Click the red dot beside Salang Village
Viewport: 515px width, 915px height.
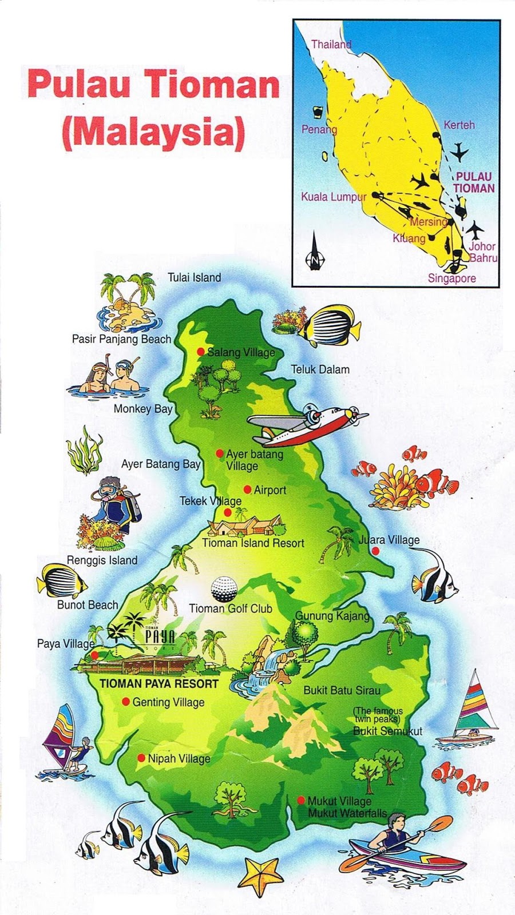[200, 352]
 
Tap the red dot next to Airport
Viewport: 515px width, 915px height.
[247, 490]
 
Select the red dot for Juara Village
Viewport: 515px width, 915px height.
[375, 551]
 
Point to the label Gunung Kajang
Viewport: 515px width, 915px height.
[332, 616]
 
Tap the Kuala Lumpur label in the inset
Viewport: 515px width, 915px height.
[334, 197]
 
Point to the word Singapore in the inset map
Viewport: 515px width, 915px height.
[452, 279]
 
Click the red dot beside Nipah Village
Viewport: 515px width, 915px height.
[141, 758]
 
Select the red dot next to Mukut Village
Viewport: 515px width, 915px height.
[300, 801]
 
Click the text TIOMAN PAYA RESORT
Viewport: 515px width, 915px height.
[159, 683]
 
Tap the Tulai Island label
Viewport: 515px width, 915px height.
[194, 277]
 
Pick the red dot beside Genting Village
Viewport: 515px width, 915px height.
[125, 702]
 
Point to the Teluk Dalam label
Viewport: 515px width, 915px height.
[320, 369]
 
